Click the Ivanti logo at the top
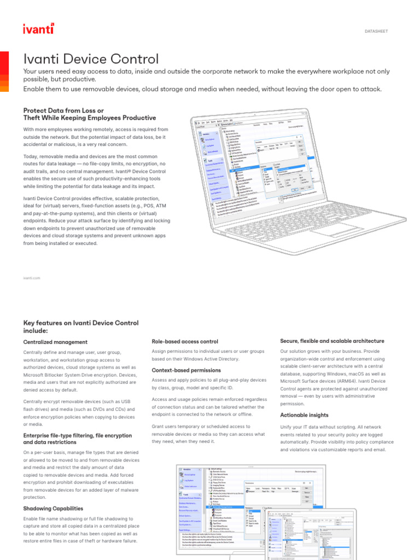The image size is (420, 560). [x=38, y=29]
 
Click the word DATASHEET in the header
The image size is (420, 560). [x=376, y=31]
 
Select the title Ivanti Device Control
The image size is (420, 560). [x=91, y=59]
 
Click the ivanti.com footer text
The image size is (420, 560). [x=32, y=278]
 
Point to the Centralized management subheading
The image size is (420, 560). [x=55, y=342]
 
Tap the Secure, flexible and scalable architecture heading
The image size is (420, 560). [x=332, y=341]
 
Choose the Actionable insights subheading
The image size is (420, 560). [x=304, y=416]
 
